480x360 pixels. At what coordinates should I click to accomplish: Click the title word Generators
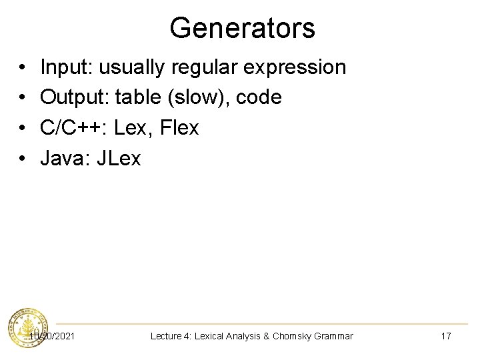click(x=242, y=28)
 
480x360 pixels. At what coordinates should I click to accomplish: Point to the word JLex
click(x=119, y=158)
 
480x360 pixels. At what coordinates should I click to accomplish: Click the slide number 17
click(x=446, y=336)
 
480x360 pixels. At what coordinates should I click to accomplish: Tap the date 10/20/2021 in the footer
click(x=52, y=336)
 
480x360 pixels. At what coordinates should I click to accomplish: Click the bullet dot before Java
click(x=23, y=159)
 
